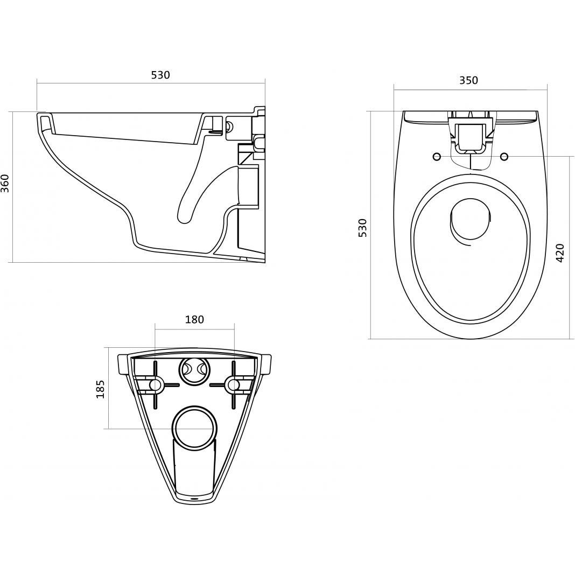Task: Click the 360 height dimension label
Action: [x=5, y=184]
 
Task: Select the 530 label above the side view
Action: [x=160, y=75]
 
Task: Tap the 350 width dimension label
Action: [x=468, y=80]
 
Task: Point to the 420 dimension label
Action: [x=560, y=253]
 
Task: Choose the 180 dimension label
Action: [x=194, y=319]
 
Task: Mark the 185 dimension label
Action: [x=100, y=389]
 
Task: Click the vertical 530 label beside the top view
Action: [x=362, y=228]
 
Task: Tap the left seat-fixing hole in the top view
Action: [x=437, y=157]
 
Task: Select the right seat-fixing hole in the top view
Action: [x=504, y=157]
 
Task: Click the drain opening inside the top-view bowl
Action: [x=470, y=222]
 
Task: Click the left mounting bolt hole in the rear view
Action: [x=156, y=384]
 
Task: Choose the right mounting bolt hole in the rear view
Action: [x=233, y=384]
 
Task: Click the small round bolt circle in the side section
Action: [x=230, y=126]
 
